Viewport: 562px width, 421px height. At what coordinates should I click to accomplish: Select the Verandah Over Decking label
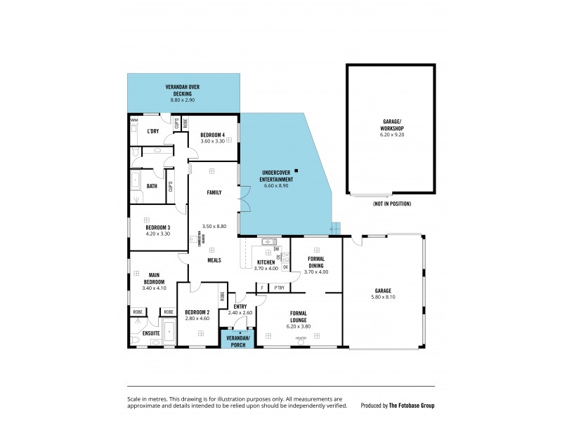coord(183,90)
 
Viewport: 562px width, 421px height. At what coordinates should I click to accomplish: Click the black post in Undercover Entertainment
coord(296,171)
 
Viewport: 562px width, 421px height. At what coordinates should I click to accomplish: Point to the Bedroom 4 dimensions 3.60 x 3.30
coord(212,141)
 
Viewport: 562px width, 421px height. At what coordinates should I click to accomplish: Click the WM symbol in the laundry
coord(134,120)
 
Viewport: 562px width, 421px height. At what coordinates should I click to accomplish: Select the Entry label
coord(240,306)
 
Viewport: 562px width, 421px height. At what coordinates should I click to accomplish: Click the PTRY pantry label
coord(280,287)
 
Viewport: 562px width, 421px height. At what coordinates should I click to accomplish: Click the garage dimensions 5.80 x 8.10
coord(383,296)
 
